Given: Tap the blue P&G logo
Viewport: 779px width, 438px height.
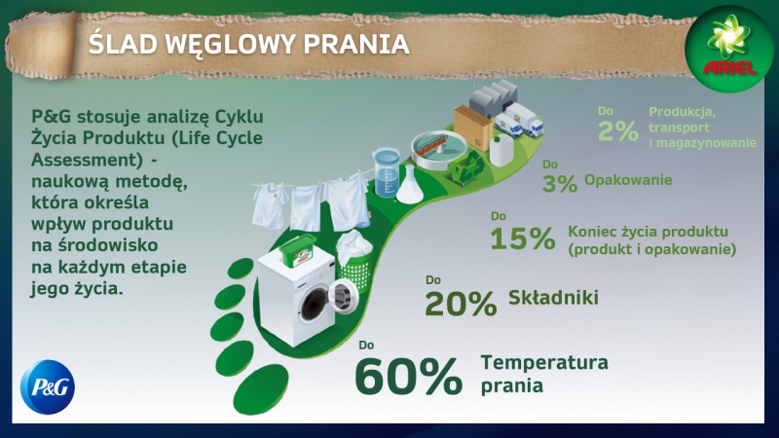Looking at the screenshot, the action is [x=48, y=386].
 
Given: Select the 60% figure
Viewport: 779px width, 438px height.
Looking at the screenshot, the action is [x=409, y=377].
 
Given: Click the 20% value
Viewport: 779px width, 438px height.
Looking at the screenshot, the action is [x=461, y=303].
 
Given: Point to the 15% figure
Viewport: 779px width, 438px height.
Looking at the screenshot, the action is [x=523, y=238].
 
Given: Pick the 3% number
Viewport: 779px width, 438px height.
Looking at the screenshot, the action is [x=560, y=183].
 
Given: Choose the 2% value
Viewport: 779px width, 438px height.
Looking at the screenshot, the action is [x=618, y=131].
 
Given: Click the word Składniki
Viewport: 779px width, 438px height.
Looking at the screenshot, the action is [x=553, y=298].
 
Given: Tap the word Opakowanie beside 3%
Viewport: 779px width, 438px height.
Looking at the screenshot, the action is [x=628, y=180].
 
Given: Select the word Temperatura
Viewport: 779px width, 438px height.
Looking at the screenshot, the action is [x=544, y=362].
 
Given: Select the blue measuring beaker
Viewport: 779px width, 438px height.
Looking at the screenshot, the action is [x=386, y=172].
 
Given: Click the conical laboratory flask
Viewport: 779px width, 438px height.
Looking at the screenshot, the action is [x=410, y=185].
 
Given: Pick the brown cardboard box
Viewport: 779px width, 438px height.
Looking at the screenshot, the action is [x=472, y=127].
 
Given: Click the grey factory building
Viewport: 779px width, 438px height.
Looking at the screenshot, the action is [x=494, y=97].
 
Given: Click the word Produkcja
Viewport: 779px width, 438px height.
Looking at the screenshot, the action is [x=683, y=113].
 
